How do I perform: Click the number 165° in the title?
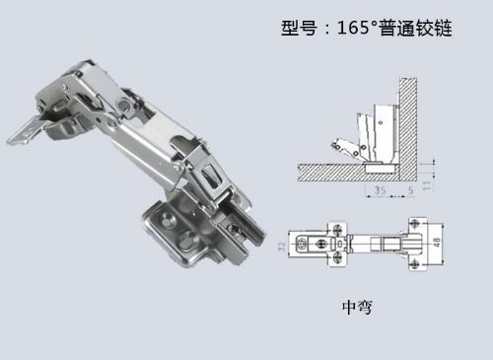(357, 28)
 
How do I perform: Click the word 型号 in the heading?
(299, 28)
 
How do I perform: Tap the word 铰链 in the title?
(434, 28)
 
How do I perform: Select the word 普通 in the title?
(397, 28)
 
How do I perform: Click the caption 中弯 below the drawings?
(357, 307)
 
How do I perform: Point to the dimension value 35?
(380, 189)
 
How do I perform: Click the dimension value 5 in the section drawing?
(411, 190)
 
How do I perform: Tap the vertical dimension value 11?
(427, 185)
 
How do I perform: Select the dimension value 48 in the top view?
(437, 243)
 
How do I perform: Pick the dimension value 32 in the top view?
(282, 247)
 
